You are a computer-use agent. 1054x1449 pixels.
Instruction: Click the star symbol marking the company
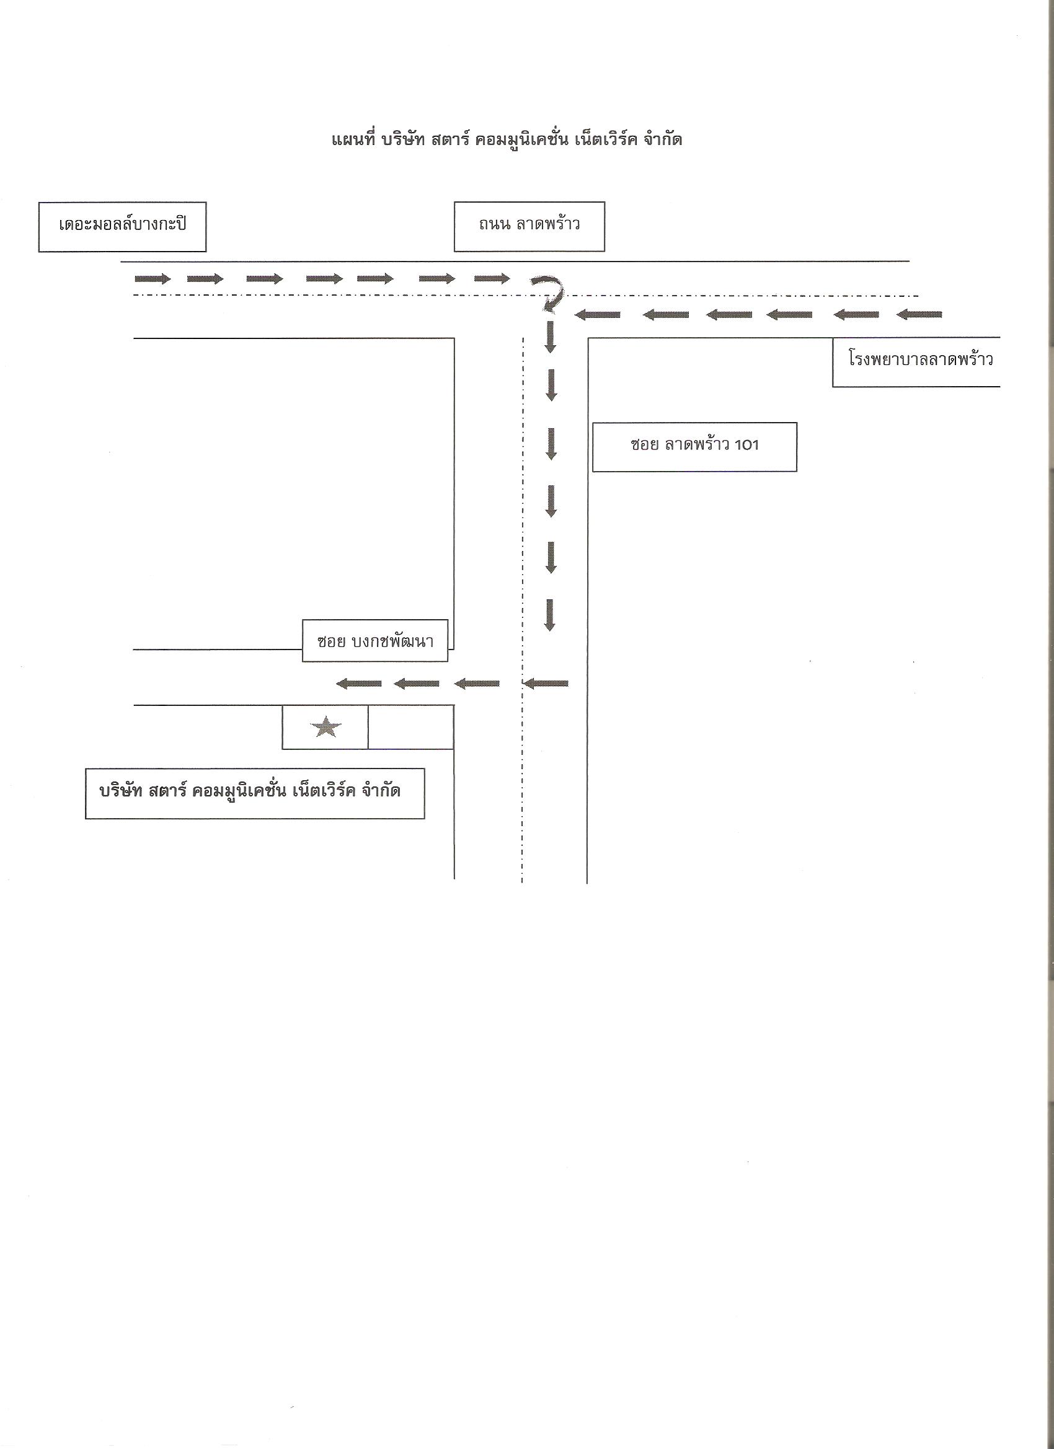326,727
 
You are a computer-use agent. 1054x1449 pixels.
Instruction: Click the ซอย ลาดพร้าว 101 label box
694,447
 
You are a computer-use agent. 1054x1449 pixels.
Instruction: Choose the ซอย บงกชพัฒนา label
375,640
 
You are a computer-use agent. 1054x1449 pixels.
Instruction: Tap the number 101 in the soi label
746,444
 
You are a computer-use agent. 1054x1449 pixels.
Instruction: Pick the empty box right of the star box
411,727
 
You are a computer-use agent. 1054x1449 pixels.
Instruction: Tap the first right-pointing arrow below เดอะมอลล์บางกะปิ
153,278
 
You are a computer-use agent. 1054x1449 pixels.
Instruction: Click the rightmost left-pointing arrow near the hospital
919,314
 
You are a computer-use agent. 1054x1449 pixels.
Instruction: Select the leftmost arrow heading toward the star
358,684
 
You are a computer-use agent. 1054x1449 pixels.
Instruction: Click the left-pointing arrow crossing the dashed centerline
546,684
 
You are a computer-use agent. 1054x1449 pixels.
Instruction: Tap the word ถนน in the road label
493,225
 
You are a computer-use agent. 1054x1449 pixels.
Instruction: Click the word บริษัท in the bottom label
121,791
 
